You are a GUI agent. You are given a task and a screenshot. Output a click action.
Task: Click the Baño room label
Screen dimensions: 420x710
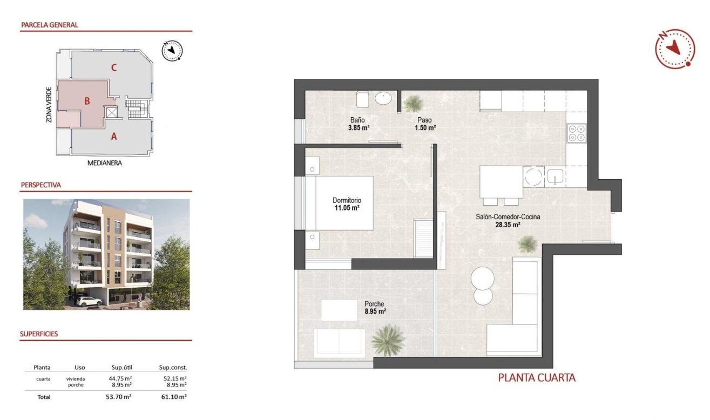tap(357, 120)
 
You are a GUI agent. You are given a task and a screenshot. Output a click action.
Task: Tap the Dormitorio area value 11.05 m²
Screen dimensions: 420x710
tap(346, 208)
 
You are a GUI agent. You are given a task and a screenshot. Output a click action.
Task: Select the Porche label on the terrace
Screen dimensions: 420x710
tap(374, 304)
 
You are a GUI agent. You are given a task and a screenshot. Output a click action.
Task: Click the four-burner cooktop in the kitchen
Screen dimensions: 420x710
tap(577, 133)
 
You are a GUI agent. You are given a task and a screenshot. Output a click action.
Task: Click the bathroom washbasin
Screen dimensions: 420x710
tap(383, 99)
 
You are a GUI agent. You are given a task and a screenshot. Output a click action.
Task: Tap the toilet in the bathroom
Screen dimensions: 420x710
tap(362, 99)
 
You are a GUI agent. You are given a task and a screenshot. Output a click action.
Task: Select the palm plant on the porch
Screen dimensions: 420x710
tap(387, 340)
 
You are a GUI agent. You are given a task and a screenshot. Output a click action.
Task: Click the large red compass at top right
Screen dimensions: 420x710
tap(674, 49)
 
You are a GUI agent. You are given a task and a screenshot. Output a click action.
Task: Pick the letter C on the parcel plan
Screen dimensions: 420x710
tap(113, 68)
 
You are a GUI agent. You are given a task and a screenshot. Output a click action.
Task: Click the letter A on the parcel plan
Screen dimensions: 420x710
tap(113, 137)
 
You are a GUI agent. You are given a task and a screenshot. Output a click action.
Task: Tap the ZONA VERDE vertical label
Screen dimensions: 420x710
tap(49, 105)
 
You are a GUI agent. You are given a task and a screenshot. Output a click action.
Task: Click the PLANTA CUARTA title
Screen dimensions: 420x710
tap(536, 378)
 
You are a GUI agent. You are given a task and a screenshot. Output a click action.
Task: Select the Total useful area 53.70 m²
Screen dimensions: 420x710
tap(120, 396)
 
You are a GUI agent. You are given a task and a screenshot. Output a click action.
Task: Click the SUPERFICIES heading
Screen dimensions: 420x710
tap(39, 334)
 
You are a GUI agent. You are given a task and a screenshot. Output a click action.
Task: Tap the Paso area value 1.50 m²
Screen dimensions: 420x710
tap(426, 128)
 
